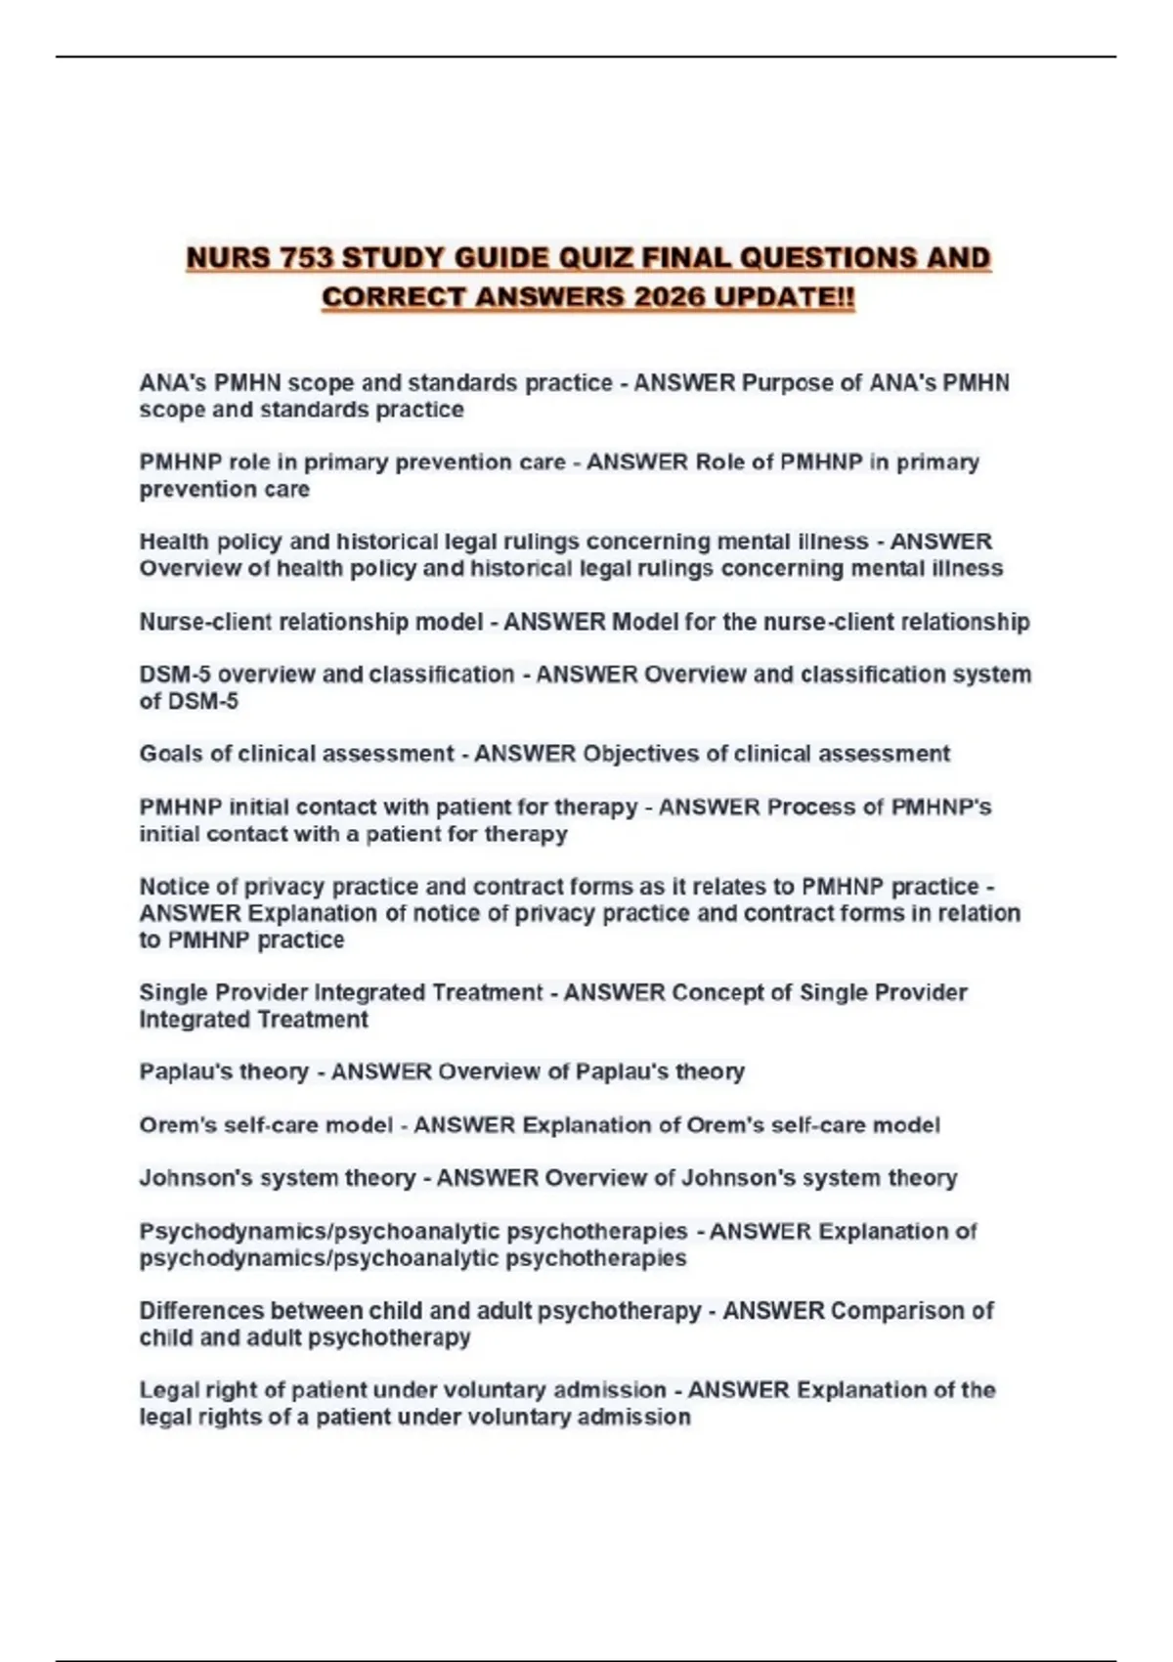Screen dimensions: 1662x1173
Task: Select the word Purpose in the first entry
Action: tap(786, 383)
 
